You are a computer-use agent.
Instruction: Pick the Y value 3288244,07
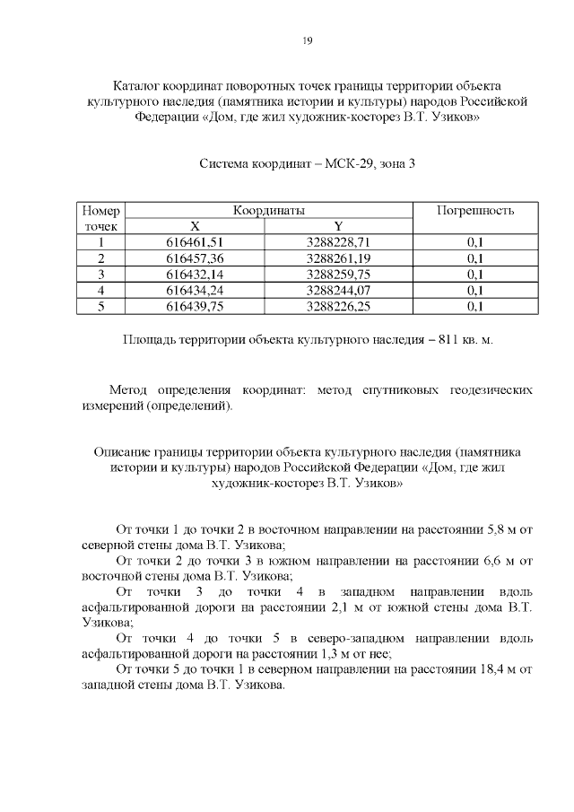(338, 291)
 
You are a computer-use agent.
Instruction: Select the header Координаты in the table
(269, 210)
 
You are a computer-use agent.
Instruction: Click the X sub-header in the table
(195, 226)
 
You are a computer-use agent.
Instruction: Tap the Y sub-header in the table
(338, 226)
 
